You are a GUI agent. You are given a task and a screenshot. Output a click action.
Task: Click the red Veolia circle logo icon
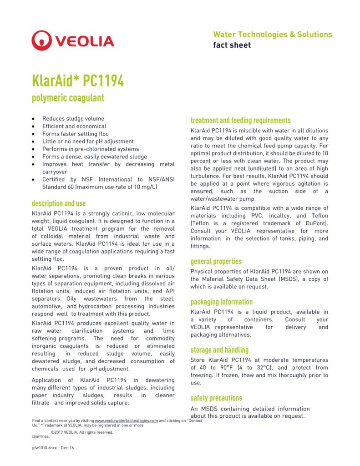pos(42,41)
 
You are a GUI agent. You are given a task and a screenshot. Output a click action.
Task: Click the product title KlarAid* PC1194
pos(78,81)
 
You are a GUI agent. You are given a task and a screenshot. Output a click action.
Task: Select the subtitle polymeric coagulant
pos(68,97)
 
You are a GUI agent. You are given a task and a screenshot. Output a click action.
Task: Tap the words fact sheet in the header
pos(232,45)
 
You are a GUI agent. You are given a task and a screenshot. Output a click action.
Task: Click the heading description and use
pos(59,203)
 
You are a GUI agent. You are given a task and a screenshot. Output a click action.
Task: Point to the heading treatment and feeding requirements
pos(240,121)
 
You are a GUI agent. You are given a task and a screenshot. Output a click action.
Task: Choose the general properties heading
pos(216,262)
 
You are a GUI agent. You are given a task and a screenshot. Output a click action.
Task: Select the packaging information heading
pos(221,302)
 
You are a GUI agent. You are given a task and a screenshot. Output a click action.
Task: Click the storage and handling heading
pos(219,350)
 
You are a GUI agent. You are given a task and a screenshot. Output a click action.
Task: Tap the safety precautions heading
pos(216,398)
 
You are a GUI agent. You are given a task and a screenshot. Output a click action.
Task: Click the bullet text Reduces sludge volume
pos(73,119)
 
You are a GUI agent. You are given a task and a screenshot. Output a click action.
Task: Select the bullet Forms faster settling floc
pos(76,134)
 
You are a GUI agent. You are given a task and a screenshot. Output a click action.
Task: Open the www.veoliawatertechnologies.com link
pos(127,421)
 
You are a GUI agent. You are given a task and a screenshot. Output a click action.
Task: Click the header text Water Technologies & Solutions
pos(273,35)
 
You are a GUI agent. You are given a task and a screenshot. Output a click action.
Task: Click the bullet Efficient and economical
pos(74,126)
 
